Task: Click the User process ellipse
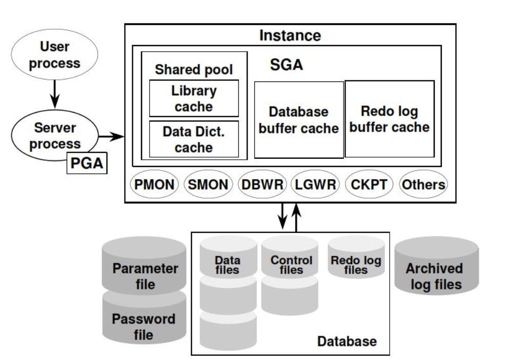(54, 54)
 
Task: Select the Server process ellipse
(54, 135)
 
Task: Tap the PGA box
(87, 163)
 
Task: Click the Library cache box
(194, 98)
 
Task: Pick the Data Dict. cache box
(194, 139)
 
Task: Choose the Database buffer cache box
(299, 120)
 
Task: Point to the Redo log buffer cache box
(390, 119)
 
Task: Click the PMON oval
(154, 184)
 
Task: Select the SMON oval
(208, 184)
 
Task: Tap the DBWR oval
(262, 184)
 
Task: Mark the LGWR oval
(315, 184)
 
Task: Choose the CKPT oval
(369, 184)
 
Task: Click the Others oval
(423, 184)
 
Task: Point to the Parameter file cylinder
(144, 265)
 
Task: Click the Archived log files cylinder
(437, 265)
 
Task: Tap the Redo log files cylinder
(356, 257)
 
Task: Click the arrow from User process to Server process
(55, 94)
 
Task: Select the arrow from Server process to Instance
(111, 137)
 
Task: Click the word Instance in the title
(290, 35)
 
